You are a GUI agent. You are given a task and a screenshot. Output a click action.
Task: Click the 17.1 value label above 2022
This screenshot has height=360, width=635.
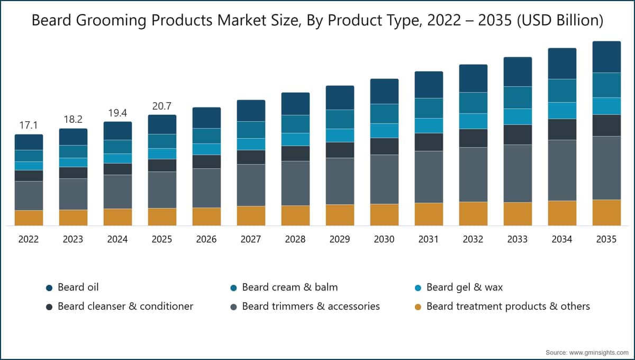29,125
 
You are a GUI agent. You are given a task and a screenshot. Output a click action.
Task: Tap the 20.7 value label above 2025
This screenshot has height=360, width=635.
162,106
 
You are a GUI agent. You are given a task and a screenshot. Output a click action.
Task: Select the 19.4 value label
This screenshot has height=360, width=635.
117,113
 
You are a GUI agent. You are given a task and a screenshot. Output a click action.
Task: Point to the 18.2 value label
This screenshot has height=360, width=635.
73,120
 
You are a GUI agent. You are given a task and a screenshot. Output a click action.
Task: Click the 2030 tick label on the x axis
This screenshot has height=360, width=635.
384,239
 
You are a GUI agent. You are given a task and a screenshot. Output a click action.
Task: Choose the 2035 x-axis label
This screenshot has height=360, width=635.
606,239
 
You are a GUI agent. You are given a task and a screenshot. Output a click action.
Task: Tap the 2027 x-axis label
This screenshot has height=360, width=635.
251,239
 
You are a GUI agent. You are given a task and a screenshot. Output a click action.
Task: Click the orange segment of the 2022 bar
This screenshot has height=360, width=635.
29,218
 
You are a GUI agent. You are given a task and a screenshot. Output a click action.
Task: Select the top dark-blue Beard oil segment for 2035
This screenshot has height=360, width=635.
606,57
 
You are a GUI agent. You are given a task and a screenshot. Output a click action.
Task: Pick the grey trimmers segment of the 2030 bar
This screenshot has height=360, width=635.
384,179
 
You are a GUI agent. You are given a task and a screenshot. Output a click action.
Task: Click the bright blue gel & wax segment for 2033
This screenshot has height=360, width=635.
518,116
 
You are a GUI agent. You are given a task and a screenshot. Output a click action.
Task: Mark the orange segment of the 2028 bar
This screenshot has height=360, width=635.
295,215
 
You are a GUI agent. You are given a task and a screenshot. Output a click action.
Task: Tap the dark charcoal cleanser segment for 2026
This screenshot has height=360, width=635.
207,161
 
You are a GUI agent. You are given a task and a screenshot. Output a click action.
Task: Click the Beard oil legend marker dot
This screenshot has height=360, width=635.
49,288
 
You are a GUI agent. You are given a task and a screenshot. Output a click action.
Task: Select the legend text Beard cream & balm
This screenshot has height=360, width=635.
290,287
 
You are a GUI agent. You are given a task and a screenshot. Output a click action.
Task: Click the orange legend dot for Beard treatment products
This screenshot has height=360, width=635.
418,307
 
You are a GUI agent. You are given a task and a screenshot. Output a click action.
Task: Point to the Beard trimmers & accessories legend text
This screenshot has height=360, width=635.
311,307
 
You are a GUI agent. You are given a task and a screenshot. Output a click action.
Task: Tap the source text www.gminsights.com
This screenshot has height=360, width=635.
598,353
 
